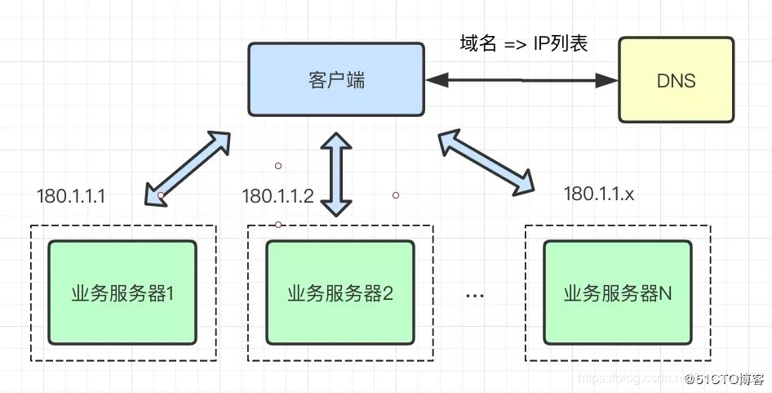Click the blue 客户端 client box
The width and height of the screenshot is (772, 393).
[335, 79]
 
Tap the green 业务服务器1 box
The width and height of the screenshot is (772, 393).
[122, 293]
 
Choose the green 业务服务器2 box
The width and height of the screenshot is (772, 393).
[340, 293]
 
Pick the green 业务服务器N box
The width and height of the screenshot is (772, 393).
[617, 293]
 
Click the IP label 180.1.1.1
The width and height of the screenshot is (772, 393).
[72, 196]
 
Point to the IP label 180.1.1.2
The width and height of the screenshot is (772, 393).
[277, 196]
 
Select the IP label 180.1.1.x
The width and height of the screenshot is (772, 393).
[599, 194]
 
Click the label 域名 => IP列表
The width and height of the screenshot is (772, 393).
[524, 44]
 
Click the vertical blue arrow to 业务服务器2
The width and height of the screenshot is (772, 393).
[335, 176]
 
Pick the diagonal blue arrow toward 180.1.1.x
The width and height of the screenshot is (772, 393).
[487, 163]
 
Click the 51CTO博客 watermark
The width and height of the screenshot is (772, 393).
[724, 379]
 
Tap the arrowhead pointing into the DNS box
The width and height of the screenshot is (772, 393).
[608, 80]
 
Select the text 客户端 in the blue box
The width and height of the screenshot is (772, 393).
[336, 80]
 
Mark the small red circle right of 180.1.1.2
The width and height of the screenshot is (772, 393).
[396, 195]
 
